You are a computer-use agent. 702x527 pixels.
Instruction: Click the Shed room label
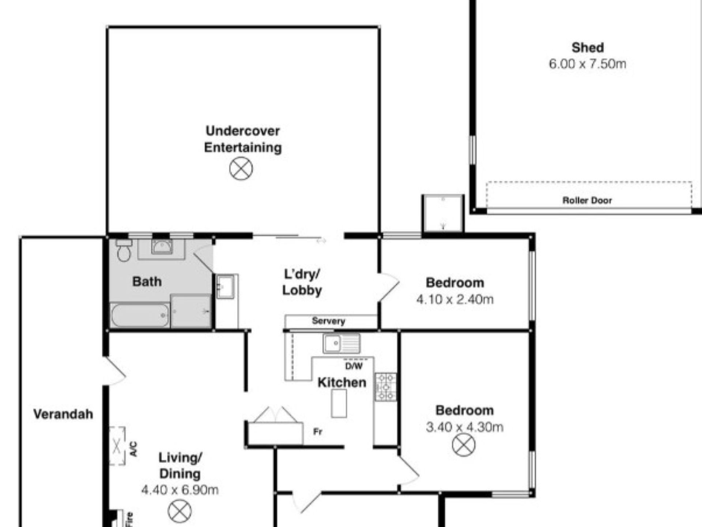click(588, 48)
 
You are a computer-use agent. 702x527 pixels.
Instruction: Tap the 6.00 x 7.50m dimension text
click(588, 64)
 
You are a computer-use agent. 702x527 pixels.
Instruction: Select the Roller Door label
click(587, 200)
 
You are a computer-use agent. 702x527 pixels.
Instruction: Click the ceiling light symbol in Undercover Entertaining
click(241, 169)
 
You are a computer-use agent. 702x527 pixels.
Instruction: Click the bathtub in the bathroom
click(140, 315)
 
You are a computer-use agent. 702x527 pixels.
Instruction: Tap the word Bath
click(147, 281)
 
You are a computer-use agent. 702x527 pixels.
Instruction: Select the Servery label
click(328, 321)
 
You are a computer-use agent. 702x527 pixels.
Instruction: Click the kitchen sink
click(341, 343)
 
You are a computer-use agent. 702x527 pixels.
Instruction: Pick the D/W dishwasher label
click(354, 366)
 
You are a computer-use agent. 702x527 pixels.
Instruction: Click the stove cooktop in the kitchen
click(386, 386)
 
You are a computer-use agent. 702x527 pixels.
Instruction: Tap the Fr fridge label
click(318, 432)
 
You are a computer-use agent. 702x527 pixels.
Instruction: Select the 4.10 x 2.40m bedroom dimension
click(455, 299)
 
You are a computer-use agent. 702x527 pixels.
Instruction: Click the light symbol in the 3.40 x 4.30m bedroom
click(464, 445)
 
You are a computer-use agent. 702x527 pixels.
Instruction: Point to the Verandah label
click(63, 414)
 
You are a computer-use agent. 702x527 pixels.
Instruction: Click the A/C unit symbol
click(117, 446)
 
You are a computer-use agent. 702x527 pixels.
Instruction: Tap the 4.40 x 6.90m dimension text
click(180, 490)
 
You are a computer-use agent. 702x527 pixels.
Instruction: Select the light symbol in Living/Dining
click(180, 511)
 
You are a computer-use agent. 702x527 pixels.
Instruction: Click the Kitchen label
click(342, 382)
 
